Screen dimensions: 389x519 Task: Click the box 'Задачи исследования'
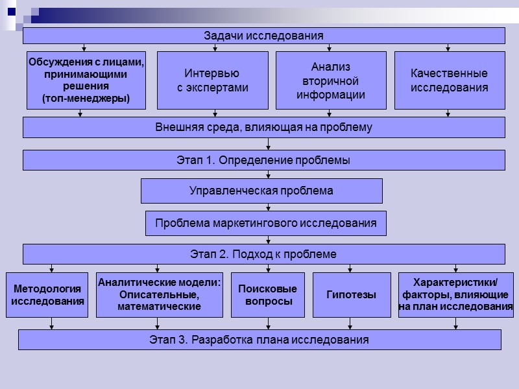pyautogui.click(x=264, y=36)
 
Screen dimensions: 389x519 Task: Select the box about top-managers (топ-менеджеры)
pyautogui.click(x=86, y=80)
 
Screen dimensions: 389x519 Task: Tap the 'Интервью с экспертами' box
pyautogui.click(x=212, y=80)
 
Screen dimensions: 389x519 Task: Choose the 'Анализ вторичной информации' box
pyautogui.click(x=331, y=80)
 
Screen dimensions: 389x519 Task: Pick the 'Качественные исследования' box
pyautogui.click(x=450, y=80)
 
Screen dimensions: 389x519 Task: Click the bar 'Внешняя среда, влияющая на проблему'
pyautogui.click(x=264, y=127)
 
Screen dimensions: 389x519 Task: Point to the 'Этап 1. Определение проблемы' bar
pyautogui.click(x=264, y=160)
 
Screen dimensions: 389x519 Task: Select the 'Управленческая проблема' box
pyautogui.click(x=261, y=191)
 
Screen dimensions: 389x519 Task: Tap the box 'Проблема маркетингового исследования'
pyautogui.click(x=265, y=223)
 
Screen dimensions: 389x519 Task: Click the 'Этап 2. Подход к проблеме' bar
pyautogui.click(x=264, y=253)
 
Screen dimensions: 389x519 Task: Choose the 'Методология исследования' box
pyautogui.click(x=47, y=295)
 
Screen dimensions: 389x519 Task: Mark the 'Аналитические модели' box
pyautogui.click(x=160, y=295)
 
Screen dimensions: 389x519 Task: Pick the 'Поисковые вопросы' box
pyautogui.click(x=267, y=295)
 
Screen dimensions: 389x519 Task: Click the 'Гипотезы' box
pyautogui.click(x=352, y=295)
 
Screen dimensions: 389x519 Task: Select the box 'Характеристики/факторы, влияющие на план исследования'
pyautogui.click(x=455, y=295)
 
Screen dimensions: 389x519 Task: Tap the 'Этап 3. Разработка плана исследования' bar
pyautogui.click(x=259, y=340)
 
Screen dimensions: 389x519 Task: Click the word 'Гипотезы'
pyautogui.click(x=352, y=295)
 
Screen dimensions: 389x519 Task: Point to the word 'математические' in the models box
pyautogui.click(x=159, y=306)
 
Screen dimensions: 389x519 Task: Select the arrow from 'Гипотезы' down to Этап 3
pyautogui.click(x=350, y=324)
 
